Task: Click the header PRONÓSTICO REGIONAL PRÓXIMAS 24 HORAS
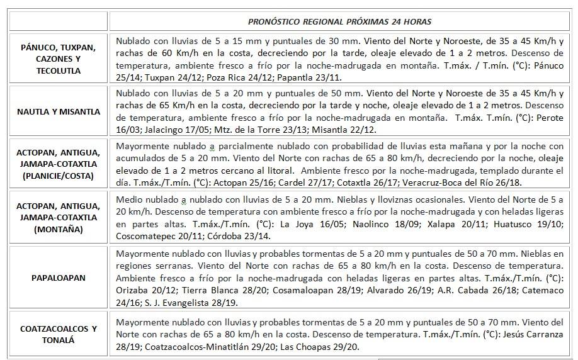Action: [x=339, y=21]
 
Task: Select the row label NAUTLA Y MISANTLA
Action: [x=59, y=112]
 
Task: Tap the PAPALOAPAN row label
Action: [x=59, y=277]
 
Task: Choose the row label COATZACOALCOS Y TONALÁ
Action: [x=59, y=334]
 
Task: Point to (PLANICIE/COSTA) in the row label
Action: [x=59, y=177]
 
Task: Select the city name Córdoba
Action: [x=233, y=236]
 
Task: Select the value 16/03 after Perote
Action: [x=128, y=130]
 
